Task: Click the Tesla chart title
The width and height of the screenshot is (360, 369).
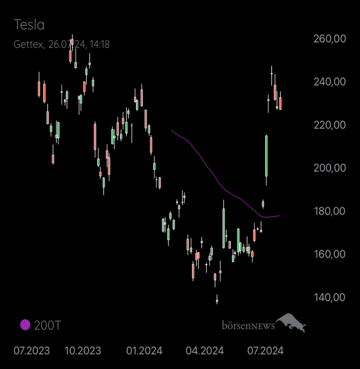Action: tap(29, 25)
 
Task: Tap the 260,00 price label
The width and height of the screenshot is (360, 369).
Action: tap(330, 39)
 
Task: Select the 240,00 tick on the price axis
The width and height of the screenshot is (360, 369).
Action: tap(330, 82)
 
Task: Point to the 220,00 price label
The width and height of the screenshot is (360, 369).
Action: tap(330, 125)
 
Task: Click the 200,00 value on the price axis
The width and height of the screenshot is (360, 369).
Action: tap(330, 168)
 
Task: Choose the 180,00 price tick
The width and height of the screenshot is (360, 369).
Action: tap(330, 211)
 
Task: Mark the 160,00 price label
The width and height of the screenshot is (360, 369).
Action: tap(330, 254)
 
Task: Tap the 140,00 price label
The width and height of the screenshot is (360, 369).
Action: tap(330, 298)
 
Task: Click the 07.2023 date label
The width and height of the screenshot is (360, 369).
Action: tap(31, 351)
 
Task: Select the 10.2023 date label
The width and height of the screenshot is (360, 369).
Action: tap(82, 351)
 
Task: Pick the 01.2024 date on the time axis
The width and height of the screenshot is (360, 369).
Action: tap(145, 351)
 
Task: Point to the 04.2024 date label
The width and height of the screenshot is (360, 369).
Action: tap(204, 351)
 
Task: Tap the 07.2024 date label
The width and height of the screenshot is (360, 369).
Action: tap(265, 351)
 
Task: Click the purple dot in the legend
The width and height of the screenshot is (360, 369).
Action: tap(25, 325)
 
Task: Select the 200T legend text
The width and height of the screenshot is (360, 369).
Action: tap(47, 325)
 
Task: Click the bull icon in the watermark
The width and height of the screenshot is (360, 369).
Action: tap(291, 322)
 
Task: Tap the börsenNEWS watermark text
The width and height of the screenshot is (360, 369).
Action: tap(249, 325)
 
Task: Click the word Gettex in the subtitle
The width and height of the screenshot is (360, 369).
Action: tap(28, 44)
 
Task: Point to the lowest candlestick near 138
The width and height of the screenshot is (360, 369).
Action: tap(217, 300)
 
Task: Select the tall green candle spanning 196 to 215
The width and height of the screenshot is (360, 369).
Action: tap(266, 156)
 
